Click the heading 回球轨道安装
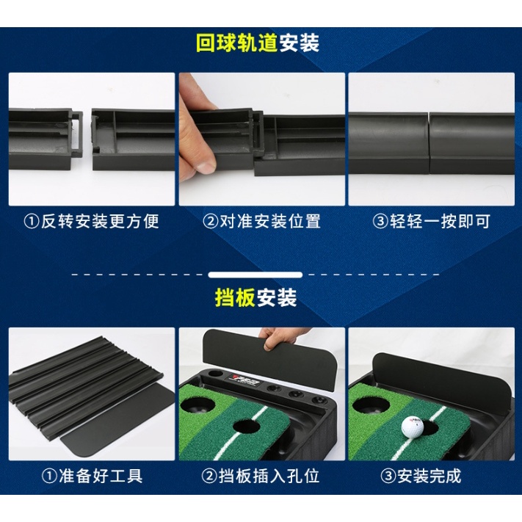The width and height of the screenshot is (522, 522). (258, 43)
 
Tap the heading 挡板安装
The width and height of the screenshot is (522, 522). (255, 297)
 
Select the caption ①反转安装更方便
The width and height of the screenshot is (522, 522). (92, 221)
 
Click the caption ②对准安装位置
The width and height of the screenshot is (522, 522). (261, 221)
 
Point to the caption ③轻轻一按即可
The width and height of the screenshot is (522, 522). (432, 221)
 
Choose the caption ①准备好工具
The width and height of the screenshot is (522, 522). (92, 476)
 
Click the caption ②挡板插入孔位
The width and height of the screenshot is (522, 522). (261, 476)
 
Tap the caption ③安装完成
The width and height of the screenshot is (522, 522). (421, 476)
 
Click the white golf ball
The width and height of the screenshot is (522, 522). (412, 426)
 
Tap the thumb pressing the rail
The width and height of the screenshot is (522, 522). (203, 159)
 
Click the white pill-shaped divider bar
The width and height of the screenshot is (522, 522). (255, 275)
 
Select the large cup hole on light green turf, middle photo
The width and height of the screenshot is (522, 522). (197, 404)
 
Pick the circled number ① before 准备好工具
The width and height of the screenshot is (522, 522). (49, 476)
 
